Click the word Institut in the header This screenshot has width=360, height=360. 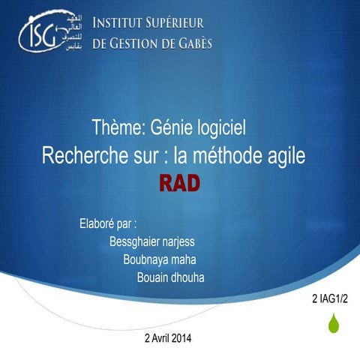119,22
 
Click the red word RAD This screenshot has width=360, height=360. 178,184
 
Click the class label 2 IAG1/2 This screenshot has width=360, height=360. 331,300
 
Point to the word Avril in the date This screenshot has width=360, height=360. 160,338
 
